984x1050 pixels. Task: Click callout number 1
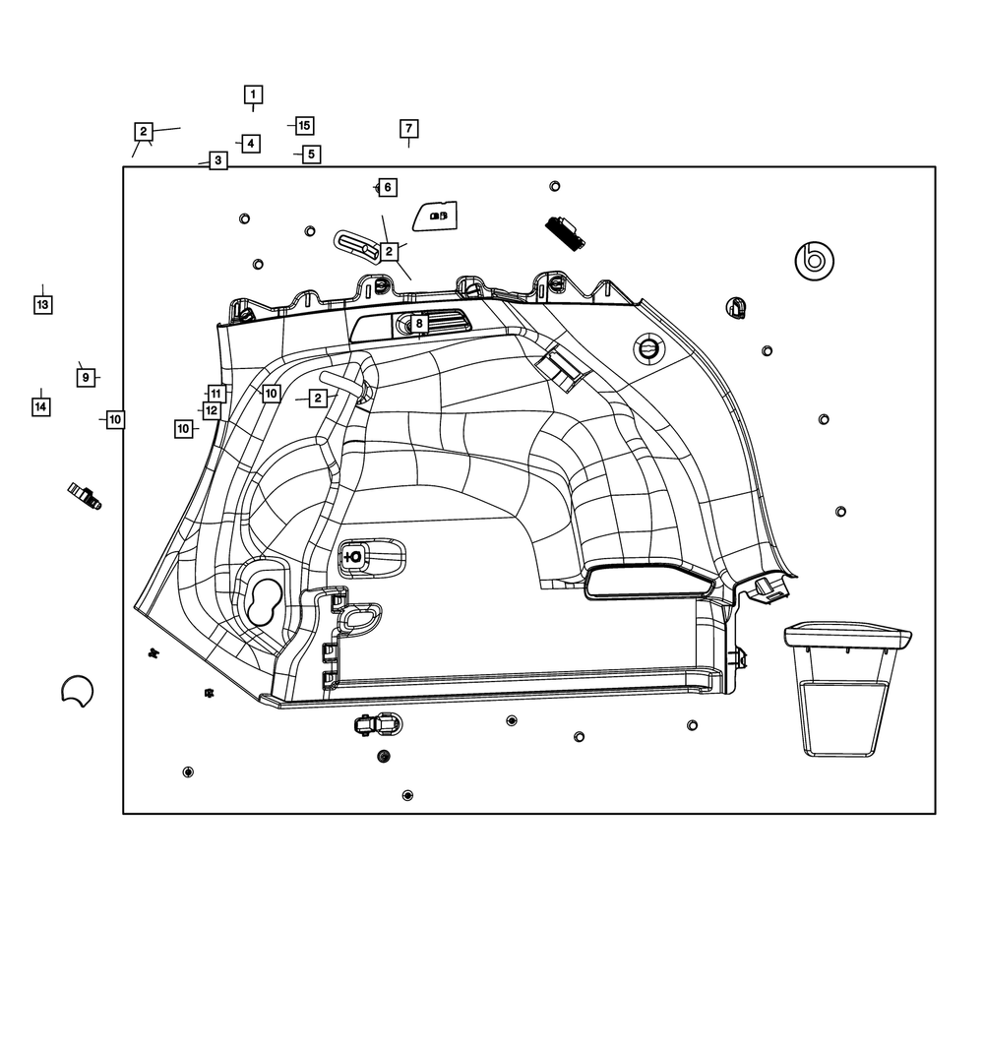pos(253,94)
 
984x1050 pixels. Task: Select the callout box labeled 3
pos(217,159)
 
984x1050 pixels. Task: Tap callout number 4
pos(251,144)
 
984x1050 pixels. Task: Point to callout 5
pos(311,154)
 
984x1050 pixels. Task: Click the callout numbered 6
pos(387,187)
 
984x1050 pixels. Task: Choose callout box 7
pos(408,129)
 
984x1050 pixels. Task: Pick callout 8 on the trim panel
pos(418,323)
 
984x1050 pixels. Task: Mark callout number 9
pos(86,377)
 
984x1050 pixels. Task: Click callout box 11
pos(215,394)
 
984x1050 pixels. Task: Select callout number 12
pos(212,410)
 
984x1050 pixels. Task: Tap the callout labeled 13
pos(42,305)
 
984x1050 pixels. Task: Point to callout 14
pos(40,405)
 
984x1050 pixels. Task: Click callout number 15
pos(304,126)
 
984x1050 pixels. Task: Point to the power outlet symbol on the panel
pos(353,556)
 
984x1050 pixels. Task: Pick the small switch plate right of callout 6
pos(435,216)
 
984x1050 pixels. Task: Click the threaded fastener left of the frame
pos(85,496)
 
